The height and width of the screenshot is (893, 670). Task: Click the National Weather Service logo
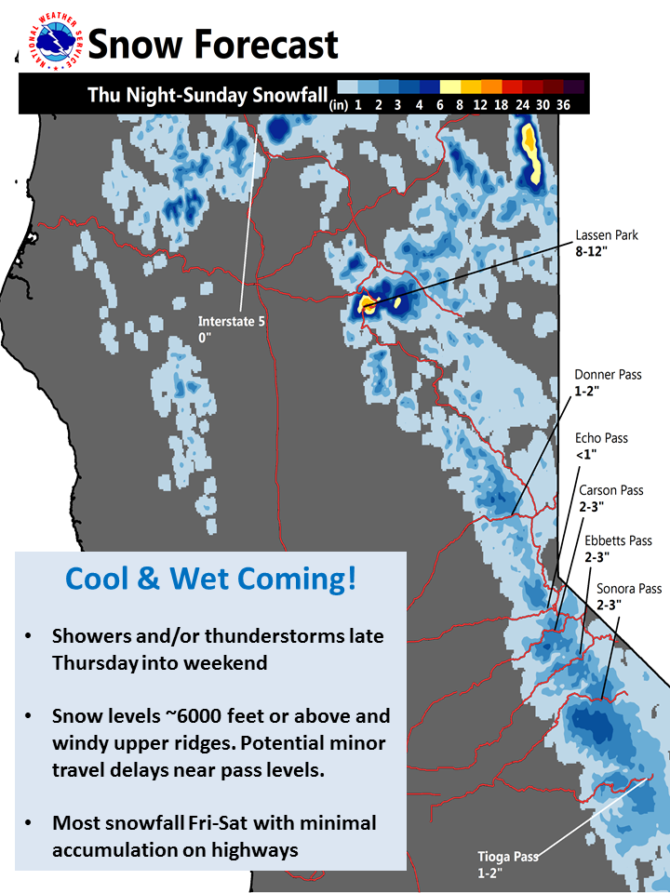pyautogui.click(x=56, y=42)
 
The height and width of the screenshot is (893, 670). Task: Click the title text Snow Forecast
pyautogui.click(x=213, y=45)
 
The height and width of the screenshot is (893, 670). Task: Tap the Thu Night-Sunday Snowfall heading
pyautogui.click(x=208, y=95)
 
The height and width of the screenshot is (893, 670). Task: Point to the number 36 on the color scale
pyautogui.click(x=564, y=105)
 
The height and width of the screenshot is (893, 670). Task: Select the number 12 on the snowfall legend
pyautogui.click(x=480, y=105)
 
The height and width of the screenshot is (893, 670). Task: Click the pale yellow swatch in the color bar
pyautogui.click(x=449, y=87)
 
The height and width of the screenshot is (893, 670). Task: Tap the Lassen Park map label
pyautogui.click(x=607, y=235)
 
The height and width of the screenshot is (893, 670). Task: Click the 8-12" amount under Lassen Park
pyautogui.click(x=592, y=251)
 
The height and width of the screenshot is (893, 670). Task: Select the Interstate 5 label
pyautogui.click(x=232, y=321)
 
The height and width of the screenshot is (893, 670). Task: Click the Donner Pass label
pyautogui.click(x=608, y=375)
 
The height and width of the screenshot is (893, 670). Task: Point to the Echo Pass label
pyautogui.click(x=602, y=438)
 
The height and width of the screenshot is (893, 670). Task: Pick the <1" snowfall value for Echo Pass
pyautogui.click(x=586, y=455)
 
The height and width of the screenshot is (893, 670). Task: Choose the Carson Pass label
pyautogui.click(x=611, y=490)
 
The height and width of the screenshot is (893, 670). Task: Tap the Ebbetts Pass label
pyautogui.click(x=618, y=540)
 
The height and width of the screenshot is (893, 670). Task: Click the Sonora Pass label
pyautogui.click(x=629, y=588)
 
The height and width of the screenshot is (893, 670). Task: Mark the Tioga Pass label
pyautogui.click(x=508, y=857)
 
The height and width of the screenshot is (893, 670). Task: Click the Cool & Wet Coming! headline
pyautogui.click(x=211, y=580)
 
